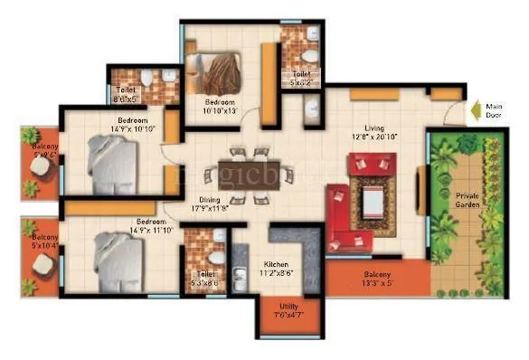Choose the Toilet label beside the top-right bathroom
coord(299,79)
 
